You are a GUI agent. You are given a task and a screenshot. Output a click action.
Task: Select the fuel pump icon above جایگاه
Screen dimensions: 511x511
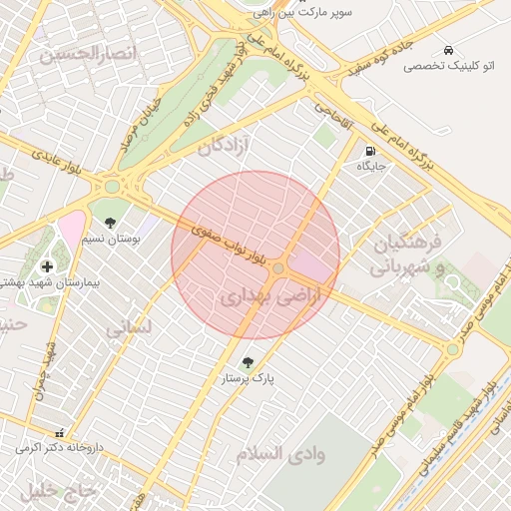click(x=371, y=151)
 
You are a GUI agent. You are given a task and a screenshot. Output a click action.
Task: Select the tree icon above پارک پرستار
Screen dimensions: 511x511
click(x=248, y=362)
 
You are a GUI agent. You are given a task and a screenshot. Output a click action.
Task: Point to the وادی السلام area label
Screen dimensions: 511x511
click(x=280, y=454)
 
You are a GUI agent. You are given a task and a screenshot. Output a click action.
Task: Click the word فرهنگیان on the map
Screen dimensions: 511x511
click(x=406, y=246)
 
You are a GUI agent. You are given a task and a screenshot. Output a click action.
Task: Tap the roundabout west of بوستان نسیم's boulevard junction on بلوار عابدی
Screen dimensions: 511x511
click(x=112, y=186)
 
